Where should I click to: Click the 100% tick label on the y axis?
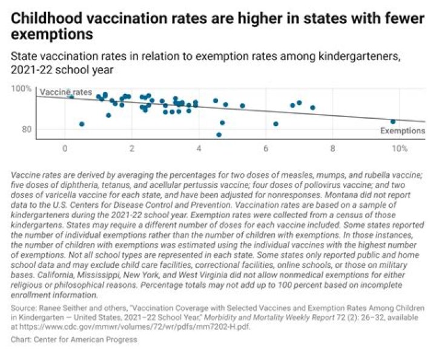[x=21, y=88]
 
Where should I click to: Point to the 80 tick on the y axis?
[x=27, y=129]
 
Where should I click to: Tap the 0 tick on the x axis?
[x=65, y=148]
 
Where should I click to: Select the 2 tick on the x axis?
[x=132, y=148]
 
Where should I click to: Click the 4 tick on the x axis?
[x=199, y=148]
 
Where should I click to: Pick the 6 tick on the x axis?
[x=266, y=148]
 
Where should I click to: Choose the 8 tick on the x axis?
[x=332, y=148]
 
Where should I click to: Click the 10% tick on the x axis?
[x=400, y=148]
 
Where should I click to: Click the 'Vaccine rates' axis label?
[x=66, y=92]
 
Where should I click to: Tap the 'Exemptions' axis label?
[x=403, y=130]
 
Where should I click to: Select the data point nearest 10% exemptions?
[x=393, y=122]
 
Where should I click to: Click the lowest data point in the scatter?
[x=219, y=135]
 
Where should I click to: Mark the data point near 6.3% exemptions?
[x=276, y=124]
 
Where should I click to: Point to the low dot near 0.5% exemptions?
[x=82, y=124]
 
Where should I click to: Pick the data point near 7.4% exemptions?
[x=312, y=107]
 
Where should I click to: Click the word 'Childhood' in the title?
[x=47, y=18]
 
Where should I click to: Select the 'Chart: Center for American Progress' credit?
[x=74, y=339]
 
